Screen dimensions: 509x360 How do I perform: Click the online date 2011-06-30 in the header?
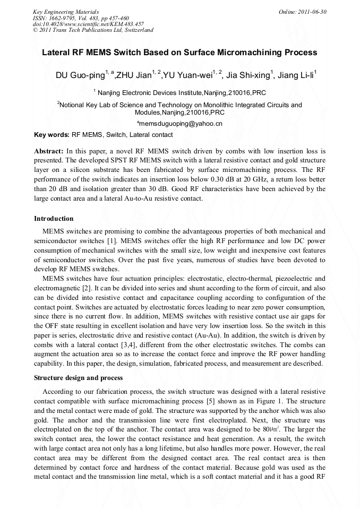(313, 11)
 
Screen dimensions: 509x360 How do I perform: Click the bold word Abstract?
(49, 151)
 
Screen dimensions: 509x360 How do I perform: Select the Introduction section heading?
(54, 219)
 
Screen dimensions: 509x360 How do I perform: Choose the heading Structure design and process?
(78, 378)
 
